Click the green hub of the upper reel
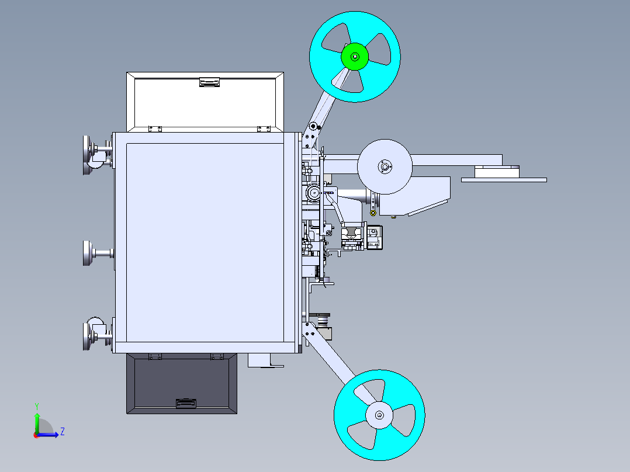[x=355, y=57]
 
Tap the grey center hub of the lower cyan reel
[x=379, y=415]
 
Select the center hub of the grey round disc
[x=385, y=166]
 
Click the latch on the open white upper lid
[x=209, y=82]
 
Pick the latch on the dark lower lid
[x=186, y=403]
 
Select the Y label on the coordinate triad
[x=36, y=405]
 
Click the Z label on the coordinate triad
[x=62, y=432]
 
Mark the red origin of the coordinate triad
[x=36, y=435]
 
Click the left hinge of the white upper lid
[x=155, y=129]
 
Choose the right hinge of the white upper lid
[x=264, y=129]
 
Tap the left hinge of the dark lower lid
[x=155, y=356]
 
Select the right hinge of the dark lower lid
[x=217, y=356]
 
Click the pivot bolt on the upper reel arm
[x=313, y=126]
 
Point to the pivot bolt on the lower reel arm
[x=310, y=333]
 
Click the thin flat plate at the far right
[x=504, y=180]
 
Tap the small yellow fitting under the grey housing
[x=393, y=217]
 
